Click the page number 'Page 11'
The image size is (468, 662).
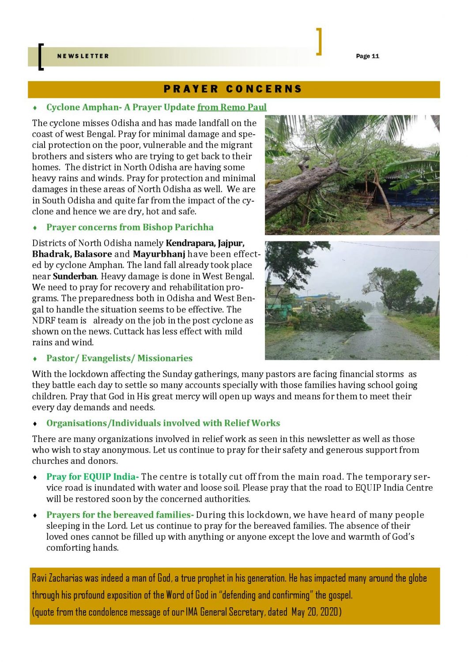click(x=367, y=56)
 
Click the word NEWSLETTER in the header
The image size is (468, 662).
click(x=83, y=56)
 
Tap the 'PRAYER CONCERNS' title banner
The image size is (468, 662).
click(x=233, y=89)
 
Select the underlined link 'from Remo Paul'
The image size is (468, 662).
click(x=232, y=107)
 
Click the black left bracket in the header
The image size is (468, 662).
click(x=41, y=56)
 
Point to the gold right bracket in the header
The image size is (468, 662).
click(x=319, y=41)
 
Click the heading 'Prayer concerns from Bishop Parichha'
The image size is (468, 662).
click(x=130, y=227)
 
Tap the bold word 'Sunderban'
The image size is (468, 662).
click(x=75, y=276)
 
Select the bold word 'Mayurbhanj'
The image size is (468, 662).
click(x=159, y=254)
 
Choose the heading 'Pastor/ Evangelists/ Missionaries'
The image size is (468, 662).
click(x=119, y=358)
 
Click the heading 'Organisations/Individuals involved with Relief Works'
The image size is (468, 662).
click(x=163, y=423)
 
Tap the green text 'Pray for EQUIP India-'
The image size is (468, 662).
click(x=92, y=477)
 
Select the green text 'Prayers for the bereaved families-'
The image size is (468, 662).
click(x=120, y=515)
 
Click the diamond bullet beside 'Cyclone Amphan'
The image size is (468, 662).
click(x=35, y=108)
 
